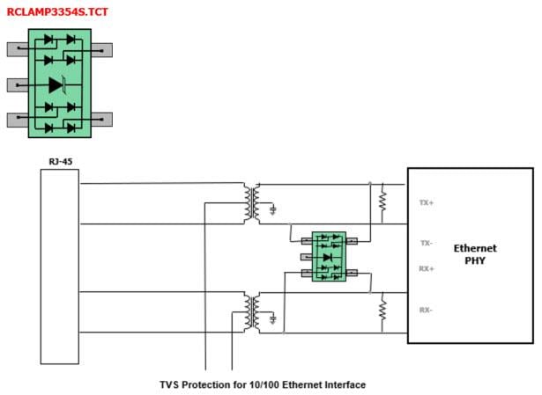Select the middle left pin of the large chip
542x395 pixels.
pyautogui.click(x=18, y=85)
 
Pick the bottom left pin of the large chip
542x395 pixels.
pyautogui.click(x=18, y=120)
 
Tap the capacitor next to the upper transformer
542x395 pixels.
pyautogui.click(x=274, y=209)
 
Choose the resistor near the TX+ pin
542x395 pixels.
pyautogui.click(x=383, y=201)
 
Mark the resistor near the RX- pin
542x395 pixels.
pyautogui.click(x=383, y=310)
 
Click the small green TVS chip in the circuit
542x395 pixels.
pyautogui.click(x=329, y=256)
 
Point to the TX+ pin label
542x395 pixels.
pyautogui.click(x=426, y=202)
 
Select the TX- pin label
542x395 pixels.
pyautogui.click(x=426, y=243)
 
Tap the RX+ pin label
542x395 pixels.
pyautogui.click(x=426, y=269)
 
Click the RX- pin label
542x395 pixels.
pyautogui.click(x=426, y=310)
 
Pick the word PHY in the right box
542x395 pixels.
pyautogui.click(x=475, y=261)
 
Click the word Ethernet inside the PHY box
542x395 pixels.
pyautogui.click(x=475, y=248)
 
